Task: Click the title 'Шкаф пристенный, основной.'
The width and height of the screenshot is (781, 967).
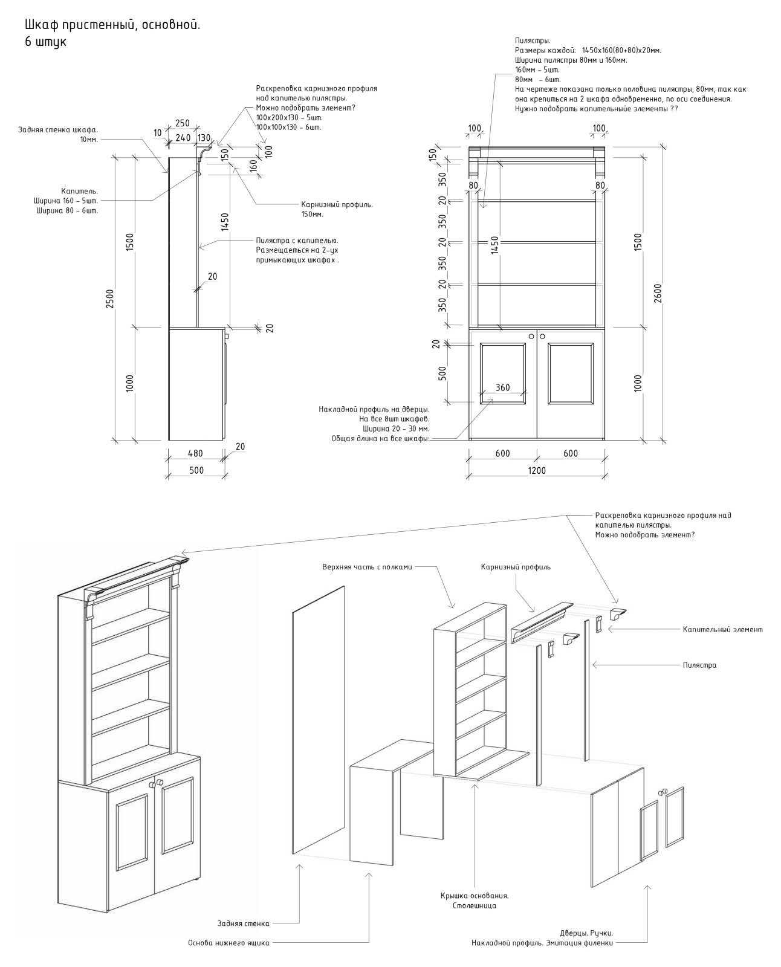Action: (112, 25)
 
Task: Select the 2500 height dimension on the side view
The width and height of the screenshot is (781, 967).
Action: (109, 297)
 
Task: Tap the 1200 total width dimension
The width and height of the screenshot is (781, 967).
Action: (537, 471)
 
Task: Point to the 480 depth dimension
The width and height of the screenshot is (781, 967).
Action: (195, 453)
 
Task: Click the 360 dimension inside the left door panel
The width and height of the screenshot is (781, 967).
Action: (502, 388)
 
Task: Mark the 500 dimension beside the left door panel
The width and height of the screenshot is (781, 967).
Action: (442, 373)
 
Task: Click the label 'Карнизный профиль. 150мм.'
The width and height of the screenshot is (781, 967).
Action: (337, 209)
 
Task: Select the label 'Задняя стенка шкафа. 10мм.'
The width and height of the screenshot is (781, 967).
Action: (58, 134)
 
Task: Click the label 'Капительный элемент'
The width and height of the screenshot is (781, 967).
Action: (722, 629)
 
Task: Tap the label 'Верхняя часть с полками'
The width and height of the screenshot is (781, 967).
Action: (367, 567)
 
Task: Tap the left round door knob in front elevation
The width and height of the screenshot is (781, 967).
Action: (531, 336)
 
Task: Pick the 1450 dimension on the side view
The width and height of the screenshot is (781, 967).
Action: (224, 222)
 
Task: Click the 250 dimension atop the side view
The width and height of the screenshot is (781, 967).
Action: (182, 123)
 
